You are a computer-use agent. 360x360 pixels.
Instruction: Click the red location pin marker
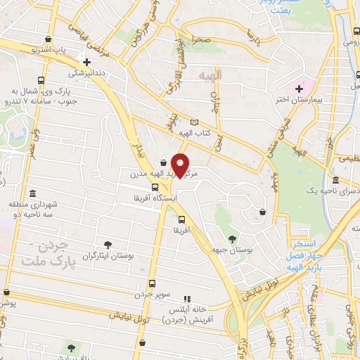point(181,165)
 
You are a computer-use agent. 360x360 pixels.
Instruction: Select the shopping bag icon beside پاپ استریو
point(48,39)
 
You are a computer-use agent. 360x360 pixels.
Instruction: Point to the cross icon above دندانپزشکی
point(86,62)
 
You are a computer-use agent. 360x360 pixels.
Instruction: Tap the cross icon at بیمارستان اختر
point(300,88)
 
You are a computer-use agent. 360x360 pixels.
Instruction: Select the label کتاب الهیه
point(195,133)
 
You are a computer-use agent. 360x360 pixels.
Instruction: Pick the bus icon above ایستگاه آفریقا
point(155,187)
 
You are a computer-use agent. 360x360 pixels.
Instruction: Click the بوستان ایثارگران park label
point(108,257)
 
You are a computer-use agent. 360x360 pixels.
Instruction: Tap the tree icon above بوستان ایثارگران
point(108,244)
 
